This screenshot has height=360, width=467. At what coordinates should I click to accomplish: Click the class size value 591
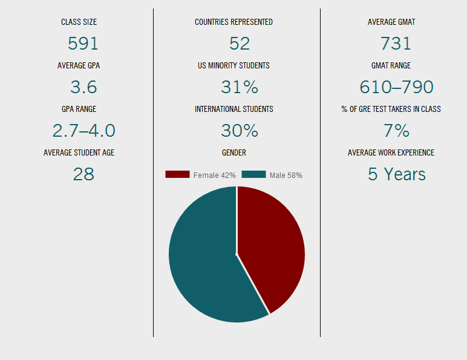coord(83,44)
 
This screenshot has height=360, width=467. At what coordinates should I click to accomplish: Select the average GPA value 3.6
coord(83,87)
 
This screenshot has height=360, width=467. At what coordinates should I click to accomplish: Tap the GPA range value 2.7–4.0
coord(83,131)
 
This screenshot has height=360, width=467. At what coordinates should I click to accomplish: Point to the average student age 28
coord(83,174)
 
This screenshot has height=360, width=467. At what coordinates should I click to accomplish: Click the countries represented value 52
coord(240,44)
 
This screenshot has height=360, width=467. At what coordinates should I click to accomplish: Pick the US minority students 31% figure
coord(240,87)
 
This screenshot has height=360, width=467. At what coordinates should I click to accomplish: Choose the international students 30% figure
coord(240,131)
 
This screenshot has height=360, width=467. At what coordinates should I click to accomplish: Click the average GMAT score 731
coord(396,44)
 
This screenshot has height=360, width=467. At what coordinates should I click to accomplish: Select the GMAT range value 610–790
coord(396,87)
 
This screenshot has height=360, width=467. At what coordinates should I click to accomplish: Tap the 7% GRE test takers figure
coord(396,131)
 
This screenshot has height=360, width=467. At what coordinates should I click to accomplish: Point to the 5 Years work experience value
coord(396,174)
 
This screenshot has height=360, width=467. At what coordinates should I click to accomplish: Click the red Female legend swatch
coord(177,174)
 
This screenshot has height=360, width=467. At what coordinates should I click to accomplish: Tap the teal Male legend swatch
coord(253,174)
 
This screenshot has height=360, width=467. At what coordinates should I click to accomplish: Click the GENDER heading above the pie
coord(234,153)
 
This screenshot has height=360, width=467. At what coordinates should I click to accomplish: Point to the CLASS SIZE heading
coord(79,22)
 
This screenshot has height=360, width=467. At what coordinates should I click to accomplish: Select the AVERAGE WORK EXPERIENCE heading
coord(391,153)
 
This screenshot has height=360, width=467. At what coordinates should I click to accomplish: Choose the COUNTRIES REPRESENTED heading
coord(234,22)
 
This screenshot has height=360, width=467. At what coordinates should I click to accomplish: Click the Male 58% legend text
coord(286,175)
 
